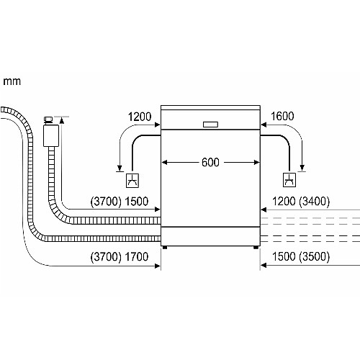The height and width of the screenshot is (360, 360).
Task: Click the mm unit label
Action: (12, 81)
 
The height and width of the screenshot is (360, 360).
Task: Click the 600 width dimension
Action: (210, 162)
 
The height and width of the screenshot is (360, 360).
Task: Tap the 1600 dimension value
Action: (282, 116)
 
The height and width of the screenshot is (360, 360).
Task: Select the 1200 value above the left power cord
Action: (140, 117)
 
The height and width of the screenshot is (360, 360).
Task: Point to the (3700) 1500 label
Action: (120, 201)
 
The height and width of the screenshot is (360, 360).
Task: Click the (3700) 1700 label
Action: (120, 257)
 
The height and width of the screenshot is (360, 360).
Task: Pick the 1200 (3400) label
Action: (301, 201)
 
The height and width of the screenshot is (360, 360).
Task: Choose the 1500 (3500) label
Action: (301, 256)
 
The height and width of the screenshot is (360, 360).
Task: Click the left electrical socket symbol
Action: (132, 180)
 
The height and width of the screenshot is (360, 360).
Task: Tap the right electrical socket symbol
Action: (289, 180)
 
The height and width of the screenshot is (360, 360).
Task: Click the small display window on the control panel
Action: (210, 125)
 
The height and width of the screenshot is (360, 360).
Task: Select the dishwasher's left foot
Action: (165, 248)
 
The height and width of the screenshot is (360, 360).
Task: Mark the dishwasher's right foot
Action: (256, 248)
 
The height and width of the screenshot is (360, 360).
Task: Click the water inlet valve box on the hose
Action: (51, 135)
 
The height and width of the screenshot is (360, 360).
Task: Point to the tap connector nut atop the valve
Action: (49, 120)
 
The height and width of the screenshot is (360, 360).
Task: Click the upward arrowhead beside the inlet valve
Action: (62, 120)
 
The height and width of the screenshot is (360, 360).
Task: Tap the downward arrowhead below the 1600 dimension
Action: (302, 168)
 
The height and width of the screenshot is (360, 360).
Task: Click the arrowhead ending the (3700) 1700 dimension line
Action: (158, 266)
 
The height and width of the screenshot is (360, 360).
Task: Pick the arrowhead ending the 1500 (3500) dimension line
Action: (264, 265)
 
